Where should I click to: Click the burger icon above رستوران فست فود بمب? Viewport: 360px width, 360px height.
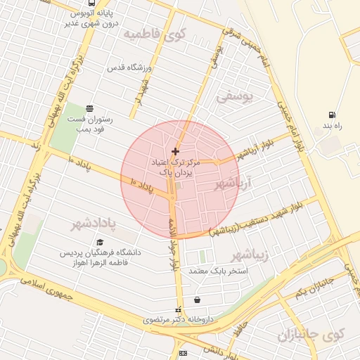point(89,108)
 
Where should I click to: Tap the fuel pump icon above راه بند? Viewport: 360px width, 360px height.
point(331,115)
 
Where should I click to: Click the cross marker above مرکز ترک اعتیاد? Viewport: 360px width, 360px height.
point(175,151)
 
